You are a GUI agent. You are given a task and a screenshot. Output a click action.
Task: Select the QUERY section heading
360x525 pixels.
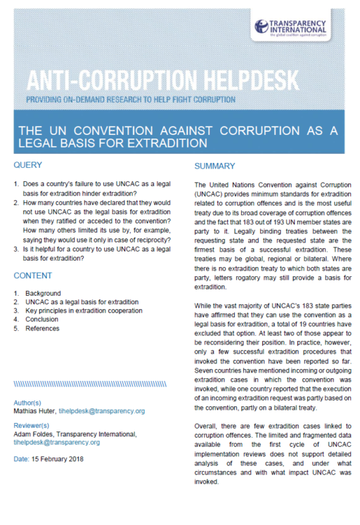[x=29, y=165]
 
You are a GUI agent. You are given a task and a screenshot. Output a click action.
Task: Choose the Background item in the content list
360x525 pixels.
[x=44, y=292]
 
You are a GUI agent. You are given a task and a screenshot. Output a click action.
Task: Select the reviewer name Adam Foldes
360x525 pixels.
[x=36, y=434]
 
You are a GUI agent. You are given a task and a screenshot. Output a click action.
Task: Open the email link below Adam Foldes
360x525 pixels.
[x=57, y=443]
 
